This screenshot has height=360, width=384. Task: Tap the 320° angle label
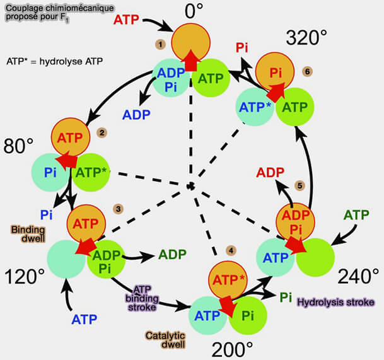tap(307, 38)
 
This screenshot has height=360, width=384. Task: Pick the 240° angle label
tap(358, 276)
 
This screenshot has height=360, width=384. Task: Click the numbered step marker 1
tap(161, 44)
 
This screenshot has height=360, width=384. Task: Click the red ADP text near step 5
tap(270, 172)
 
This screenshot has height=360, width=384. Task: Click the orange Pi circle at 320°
tap(276, 71)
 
